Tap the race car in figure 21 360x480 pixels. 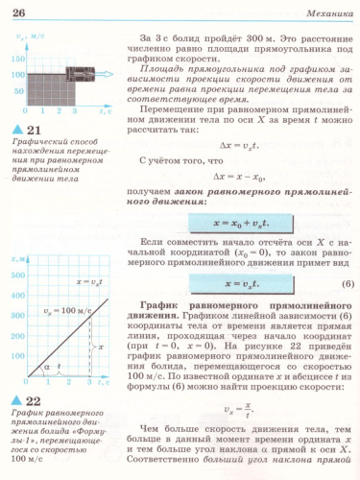[x=60, y=73]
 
